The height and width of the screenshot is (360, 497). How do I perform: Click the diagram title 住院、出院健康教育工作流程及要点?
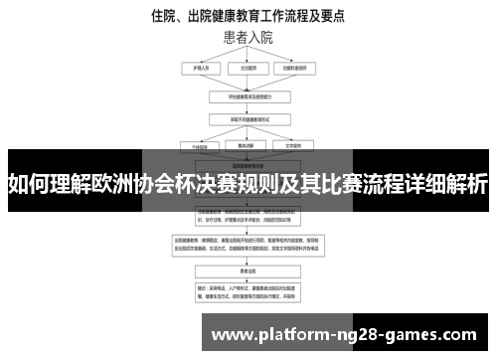[248, 16]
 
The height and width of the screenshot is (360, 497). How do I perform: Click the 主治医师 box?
[248, 69]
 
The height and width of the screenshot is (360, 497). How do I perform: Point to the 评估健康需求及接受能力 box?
[248, 97]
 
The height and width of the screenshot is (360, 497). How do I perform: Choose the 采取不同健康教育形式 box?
[248, 120]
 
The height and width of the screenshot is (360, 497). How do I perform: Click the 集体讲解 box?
[248, 145]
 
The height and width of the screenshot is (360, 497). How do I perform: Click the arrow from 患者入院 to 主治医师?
[248, 55]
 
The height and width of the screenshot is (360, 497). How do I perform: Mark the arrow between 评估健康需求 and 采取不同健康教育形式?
[248, 109]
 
